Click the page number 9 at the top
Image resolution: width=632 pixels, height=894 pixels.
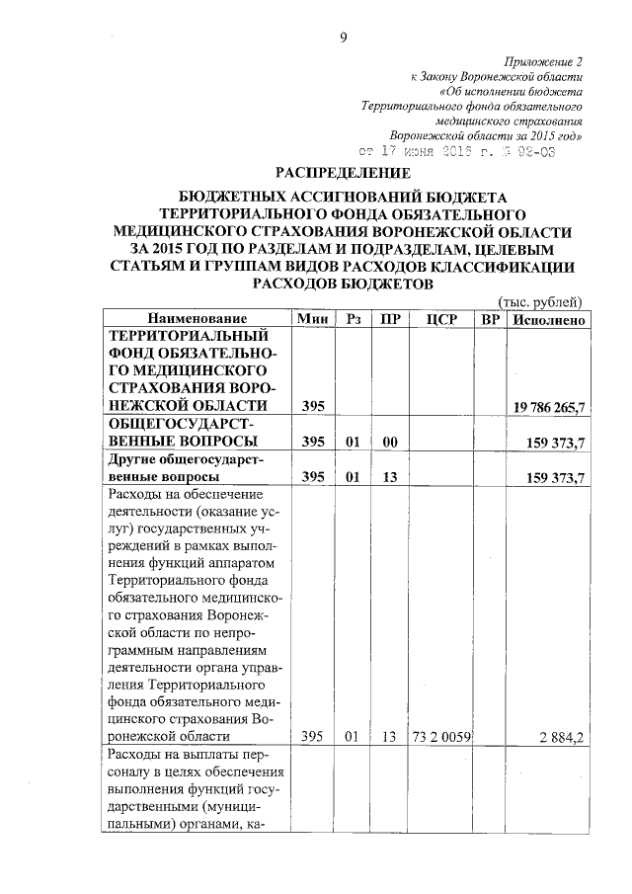[x=343, y=38]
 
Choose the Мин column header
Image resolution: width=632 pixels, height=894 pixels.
[x=313, y=320]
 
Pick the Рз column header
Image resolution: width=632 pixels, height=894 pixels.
[x=354, y=320]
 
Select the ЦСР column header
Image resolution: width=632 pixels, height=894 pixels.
[x=437, y=320]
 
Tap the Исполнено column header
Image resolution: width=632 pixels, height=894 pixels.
[x=548, y=320]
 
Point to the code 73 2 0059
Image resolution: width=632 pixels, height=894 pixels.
[x=442, y=736]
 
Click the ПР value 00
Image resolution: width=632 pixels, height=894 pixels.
[x=389, y=441]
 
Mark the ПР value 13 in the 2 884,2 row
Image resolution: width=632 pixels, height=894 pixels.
[x=389, y=736]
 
